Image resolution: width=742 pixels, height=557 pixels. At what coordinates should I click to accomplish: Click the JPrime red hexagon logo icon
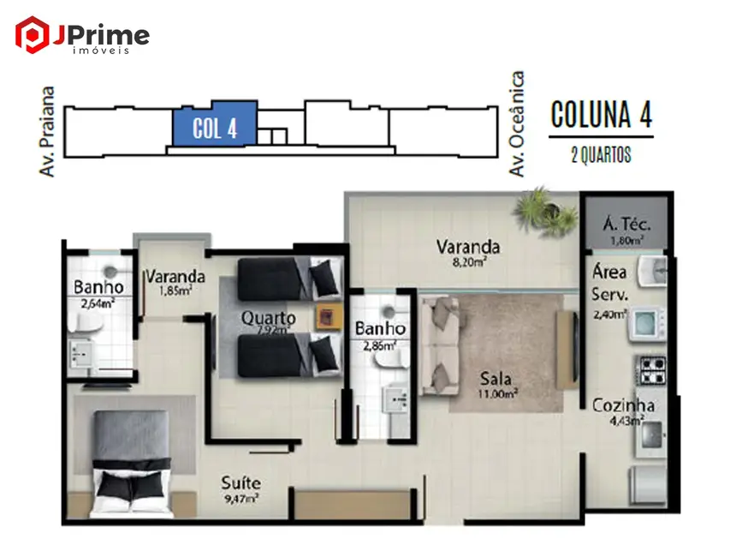(x=33, y=34)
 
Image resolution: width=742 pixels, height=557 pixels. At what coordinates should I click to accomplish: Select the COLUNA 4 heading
(x=601, y=114)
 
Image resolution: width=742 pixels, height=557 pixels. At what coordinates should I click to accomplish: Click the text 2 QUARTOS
(x=600, y=155)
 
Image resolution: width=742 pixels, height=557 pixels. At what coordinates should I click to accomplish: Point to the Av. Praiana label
(x=48, y=131)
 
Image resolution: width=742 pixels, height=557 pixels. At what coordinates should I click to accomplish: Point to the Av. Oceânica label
(x=516, y=125)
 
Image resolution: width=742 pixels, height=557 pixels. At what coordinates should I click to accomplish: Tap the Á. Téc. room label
(x=626, y=225)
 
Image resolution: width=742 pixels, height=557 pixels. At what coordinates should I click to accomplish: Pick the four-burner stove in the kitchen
(x=650, y=371)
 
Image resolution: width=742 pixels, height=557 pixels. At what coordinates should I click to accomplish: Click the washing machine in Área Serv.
(x=647, y=323)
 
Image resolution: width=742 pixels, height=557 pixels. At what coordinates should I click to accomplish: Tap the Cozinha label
(x=624, y=405)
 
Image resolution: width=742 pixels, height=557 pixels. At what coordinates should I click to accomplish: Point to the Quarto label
(x=268, y=317)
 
